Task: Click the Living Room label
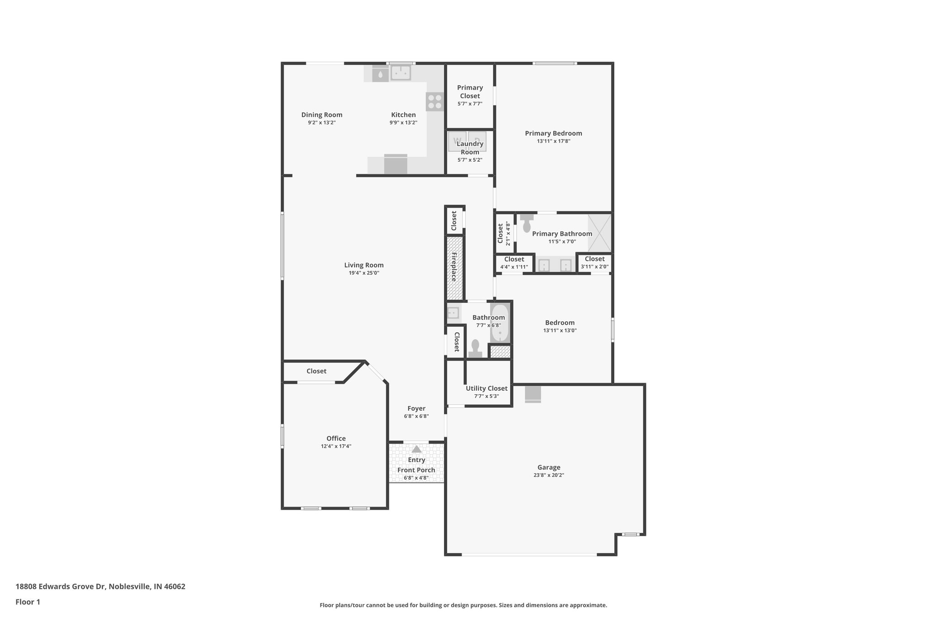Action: point(363,265)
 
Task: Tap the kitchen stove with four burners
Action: point(435,101)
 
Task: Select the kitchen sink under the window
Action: point(401,72)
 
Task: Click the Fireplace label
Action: point(454,267)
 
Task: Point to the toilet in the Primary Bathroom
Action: point(526,224)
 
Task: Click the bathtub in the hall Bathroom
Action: point(500,323)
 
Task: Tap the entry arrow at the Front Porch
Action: point(416,449)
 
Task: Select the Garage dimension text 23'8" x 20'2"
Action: point(549,475)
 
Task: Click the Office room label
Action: point(336,438)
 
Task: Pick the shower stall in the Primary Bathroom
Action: point(599,233)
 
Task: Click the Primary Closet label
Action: point(470,91)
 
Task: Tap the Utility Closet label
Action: point(487,388)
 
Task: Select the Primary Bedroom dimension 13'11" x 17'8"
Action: point(553,141)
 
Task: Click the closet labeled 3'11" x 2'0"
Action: point(594,263)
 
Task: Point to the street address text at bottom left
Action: point(100,586)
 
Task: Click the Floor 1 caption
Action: point(28,602)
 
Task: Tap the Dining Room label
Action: point(322,115)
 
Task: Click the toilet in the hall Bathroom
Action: point(475,349)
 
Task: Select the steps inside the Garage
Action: point(533,394)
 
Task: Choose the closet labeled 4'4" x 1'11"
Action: point(514,263)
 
